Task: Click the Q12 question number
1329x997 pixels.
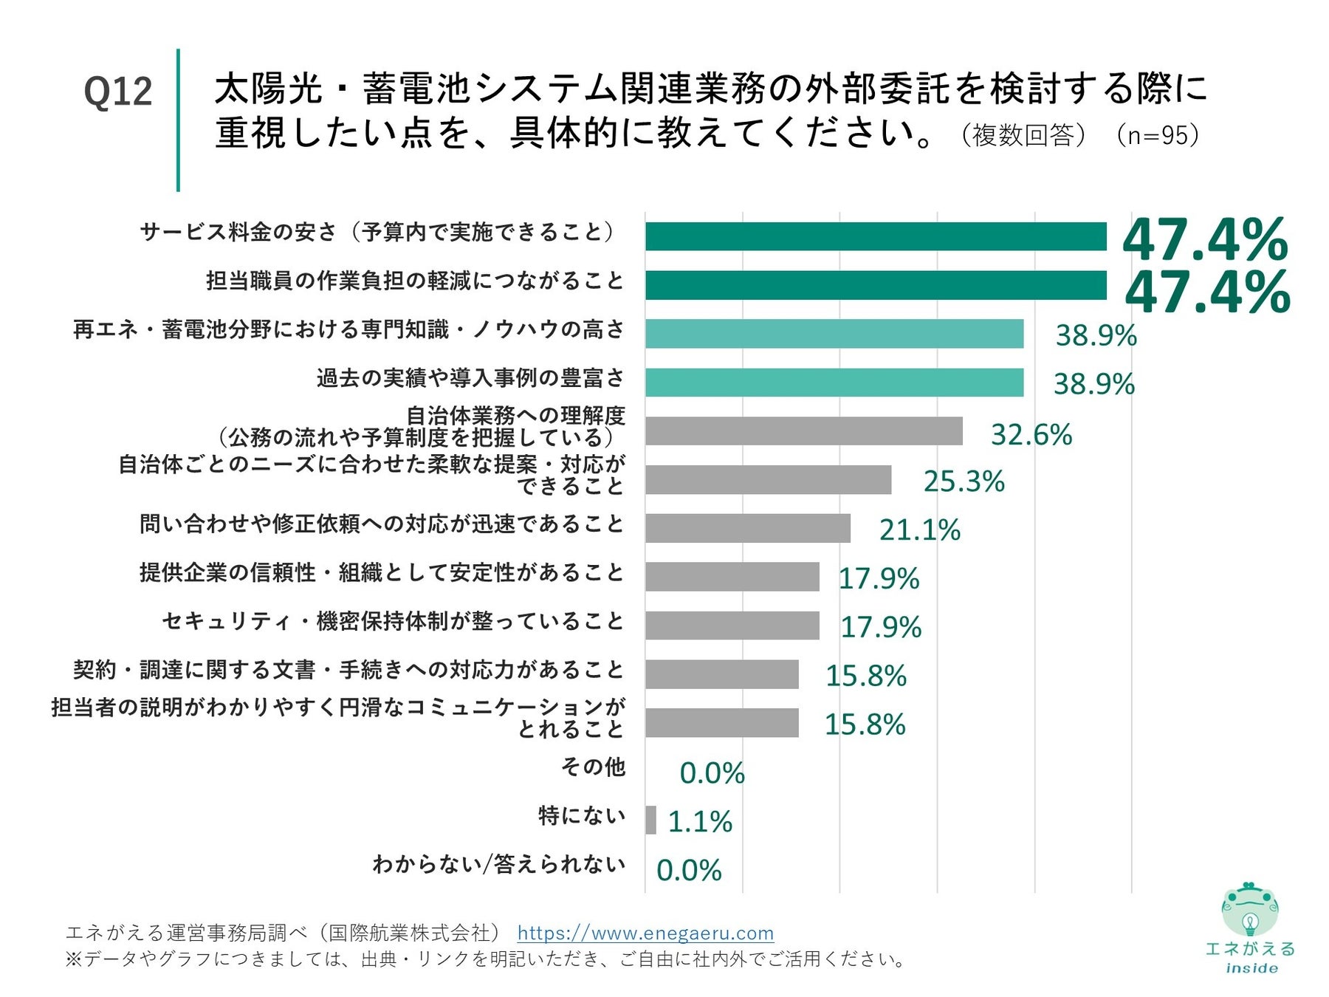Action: [118, 92]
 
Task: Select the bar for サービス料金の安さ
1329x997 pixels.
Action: [876, 237]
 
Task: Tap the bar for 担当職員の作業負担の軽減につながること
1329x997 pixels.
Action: [876, 285]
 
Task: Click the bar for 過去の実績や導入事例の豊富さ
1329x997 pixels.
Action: [834, 383]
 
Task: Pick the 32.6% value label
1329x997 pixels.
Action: [1031, 434]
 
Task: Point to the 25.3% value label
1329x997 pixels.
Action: [964, 482]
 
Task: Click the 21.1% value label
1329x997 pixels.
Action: [919, 530]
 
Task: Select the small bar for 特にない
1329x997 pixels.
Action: [650, 820]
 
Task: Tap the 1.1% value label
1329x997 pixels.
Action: [699, 821]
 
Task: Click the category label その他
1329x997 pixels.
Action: [593, 767]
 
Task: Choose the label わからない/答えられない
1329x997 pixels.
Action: [499, 864]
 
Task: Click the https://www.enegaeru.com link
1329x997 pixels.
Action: [645, 933]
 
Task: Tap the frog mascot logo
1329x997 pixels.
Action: [1249, 910]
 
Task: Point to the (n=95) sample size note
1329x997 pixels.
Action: [1158, 135]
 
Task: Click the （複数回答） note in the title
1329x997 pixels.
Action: [1023, 135]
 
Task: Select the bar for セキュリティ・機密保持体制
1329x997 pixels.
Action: [732, 626]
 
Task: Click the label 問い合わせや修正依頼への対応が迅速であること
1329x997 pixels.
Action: [382, 524]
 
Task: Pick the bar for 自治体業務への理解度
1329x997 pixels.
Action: [803, 431]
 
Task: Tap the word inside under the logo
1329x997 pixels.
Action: [1251, 968]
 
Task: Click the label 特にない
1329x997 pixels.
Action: [582, 816]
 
